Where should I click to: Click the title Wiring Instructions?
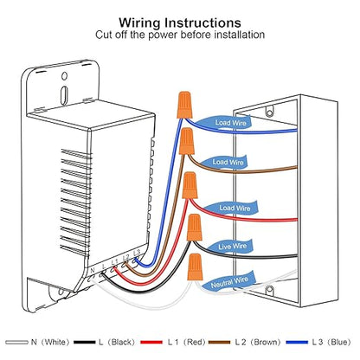[x=180, y=22]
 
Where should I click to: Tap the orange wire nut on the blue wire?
[x=184, y=105]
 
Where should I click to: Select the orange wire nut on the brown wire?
[x=187, y=141]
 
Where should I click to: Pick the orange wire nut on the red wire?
[x=190, y=185]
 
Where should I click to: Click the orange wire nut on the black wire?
[x=194, y=228]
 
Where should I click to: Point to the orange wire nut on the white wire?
[x=195, y=267]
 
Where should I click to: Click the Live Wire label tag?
[x=230, y=247]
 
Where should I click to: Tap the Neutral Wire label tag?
[x=229, y=280]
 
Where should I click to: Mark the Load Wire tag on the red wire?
[x=232, y=208]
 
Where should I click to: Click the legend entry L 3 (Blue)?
[x=318, y=342]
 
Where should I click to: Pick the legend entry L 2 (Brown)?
[x=244, y=342]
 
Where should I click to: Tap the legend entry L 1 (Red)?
[x=173, y=342]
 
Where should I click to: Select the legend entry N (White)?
[x=37, y=342]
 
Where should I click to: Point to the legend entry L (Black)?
[x=105, y=342]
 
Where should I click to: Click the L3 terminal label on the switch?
[x=137, y=253]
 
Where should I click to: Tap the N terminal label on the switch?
[x=93, y=271]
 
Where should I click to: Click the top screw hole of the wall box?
[x=269, y=112]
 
